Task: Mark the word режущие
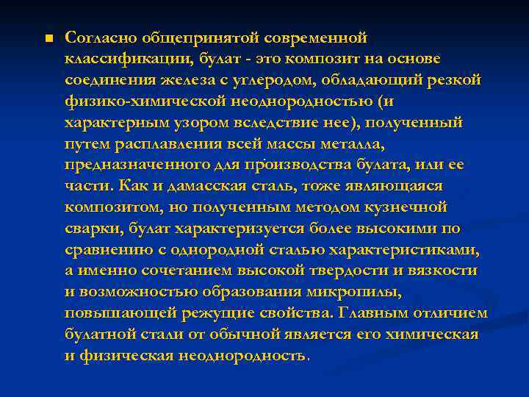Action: (x=223, y=314)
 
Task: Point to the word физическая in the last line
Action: (x=129, y=357)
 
